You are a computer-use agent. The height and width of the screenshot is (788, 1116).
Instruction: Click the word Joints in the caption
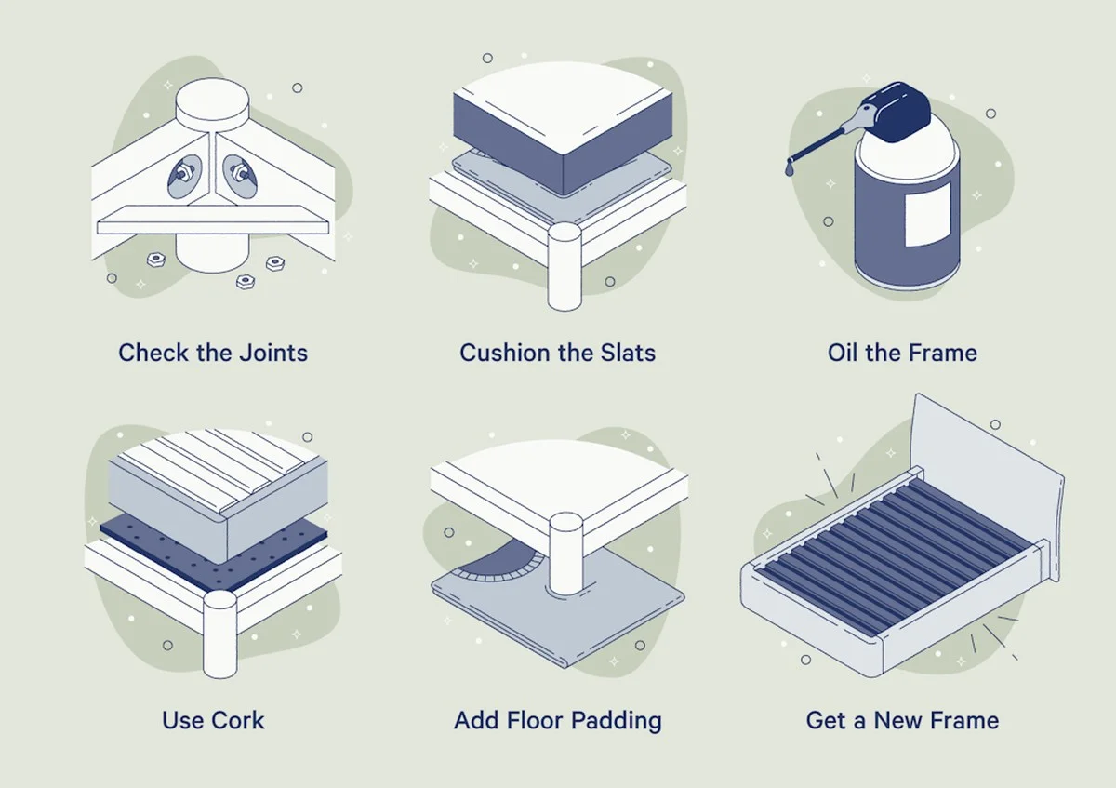(273, 353)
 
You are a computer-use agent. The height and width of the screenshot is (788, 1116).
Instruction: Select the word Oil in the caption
(843, 353)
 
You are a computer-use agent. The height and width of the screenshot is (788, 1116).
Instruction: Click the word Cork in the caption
(238, 720)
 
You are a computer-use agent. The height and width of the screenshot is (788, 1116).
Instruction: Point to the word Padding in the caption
(617, 721)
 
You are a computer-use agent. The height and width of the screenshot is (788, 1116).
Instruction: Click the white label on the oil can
(928, 214)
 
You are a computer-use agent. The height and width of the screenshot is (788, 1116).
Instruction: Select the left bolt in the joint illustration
(183, 175)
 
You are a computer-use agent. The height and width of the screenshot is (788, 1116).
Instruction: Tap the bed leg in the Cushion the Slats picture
(565, 267)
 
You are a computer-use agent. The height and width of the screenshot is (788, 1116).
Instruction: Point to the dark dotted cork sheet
(214, 554)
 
